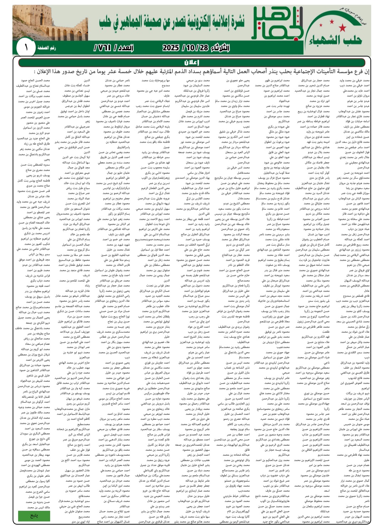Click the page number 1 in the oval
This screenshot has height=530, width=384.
[x=26, y=47]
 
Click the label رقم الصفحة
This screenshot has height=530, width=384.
[x=47, y=48]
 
